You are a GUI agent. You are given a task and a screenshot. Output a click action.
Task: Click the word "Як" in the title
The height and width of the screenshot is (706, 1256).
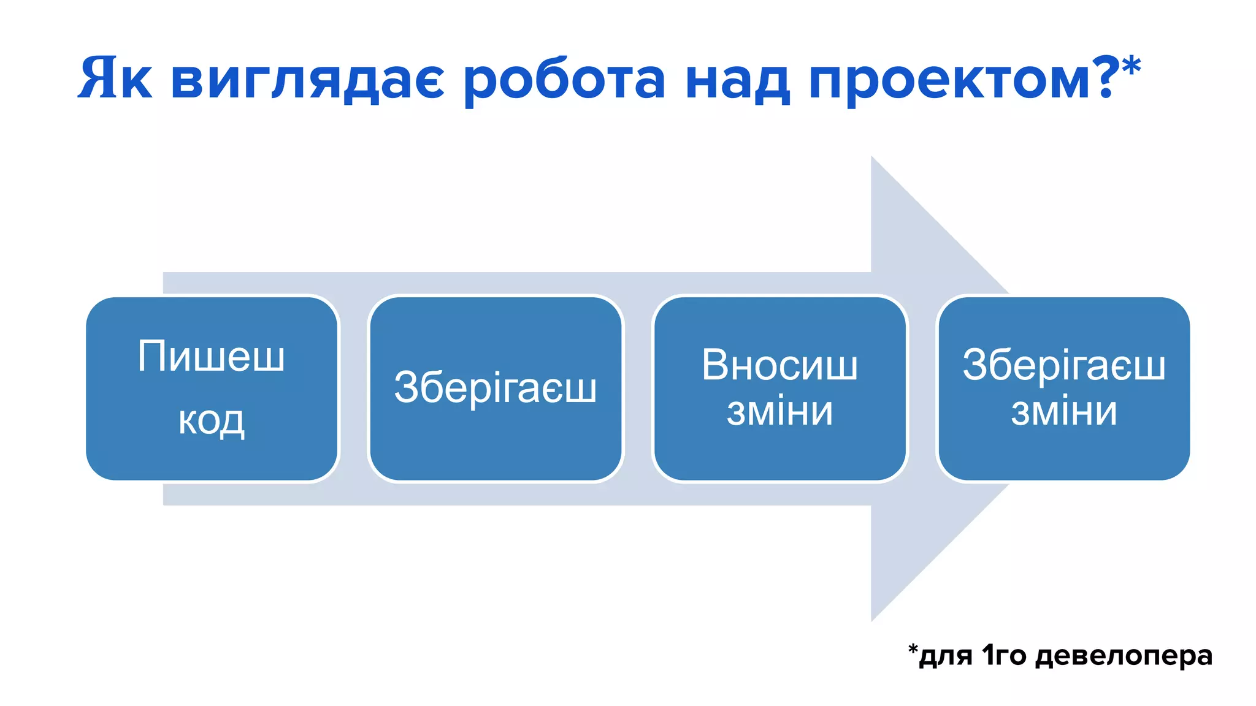click(x=115, y=78)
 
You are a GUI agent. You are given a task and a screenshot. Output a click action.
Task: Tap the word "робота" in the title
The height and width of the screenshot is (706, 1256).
click(x=564, y=80)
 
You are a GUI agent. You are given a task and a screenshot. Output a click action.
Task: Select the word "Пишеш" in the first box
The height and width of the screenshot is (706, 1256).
click(x=212, y=356)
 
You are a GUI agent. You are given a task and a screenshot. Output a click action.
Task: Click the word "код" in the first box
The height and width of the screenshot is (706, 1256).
click(x=212, y=420)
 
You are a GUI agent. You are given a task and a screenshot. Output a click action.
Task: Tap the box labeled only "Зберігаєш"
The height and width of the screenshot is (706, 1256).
click(x=495, y=389)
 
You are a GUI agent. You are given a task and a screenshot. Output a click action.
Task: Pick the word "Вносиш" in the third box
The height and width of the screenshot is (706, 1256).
click(x=779, y=365)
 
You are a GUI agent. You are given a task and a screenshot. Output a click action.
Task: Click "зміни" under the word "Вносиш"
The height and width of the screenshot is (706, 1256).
click(x=779, y=411)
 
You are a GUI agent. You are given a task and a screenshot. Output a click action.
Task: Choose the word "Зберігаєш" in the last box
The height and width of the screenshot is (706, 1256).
click(x=1063, y=365)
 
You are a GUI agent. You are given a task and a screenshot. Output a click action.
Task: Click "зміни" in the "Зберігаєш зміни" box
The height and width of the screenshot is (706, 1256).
click(x=1063, y=411)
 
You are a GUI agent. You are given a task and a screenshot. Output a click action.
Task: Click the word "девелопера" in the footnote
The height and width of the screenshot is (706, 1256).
click(x=1124, y=656)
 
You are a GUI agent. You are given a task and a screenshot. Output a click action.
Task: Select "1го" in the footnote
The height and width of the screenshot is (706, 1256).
click(x=1004, y=655)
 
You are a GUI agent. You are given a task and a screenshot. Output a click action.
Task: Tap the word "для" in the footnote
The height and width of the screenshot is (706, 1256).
click(x=946, y=656)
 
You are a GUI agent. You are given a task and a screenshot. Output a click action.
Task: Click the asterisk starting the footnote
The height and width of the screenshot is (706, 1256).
click(x=913, y=649)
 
